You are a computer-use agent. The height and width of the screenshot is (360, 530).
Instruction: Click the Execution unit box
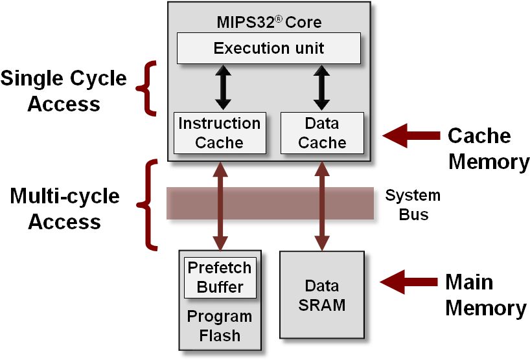pos(269,49)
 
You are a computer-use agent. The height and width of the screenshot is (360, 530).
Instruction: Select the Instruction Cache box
pos(220,133)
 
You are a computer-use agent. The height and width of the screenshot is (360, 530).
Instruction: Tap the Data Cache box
pos(322,133)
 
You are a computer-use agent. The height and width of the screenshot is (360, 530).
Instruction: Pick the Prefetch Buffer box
pos(220,277)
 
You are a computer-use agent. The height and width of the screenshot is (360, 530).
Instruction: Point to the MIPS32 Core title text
pos(269,23)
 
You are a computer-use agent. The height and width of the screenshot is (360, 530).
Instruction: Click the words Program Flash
pos(220,326)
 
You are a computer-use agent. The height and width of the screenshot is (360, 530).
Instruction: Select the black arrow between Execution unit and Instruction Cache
pos(223,87)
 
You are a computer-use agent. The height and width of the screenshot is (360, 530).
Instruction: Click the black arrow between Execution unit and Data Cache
pos(322,87)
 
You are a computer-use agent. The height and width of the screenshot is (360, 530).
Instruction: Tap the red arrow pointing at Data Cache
pos(411,135)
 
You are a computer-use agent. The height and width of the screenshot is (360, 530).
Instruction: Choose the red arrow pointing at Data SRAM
pos(409,282)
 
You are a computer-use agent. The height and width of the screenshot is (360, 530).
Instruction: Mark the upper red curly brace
pos(148,88)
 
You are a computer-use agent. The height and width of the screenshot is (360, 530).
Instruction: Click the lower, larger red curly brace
pos(148,205)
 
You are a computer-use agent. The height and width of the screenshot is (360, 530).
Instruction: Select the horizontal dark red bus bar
pos(270,203)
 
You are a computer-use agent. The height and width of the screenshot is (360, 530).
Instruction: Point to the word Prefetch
pos(220,268)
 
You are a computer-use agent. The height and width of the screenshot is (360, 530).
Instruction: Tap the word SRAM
pos(322,305)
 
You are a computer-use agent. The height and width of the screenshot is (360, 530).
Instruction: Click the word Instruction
pos(220,124)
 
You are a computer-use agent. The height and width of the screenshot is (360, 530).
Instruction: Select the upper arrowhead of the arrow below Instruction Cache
pos(221,170)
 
